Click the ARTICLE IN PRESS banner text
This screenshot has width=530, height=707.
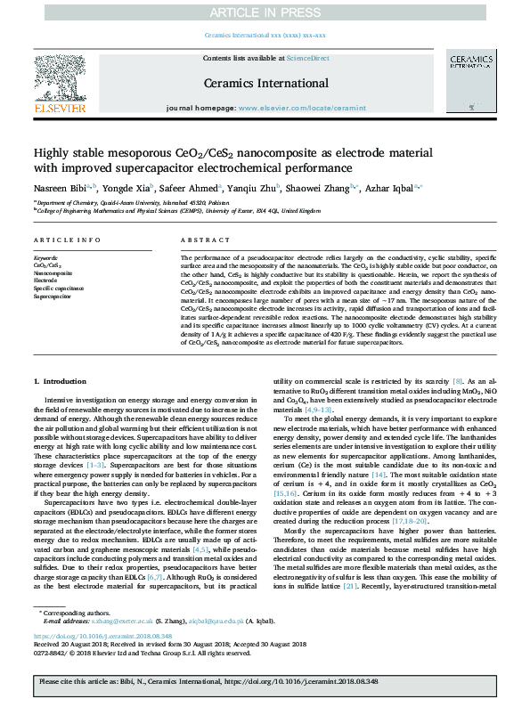(x=265, y=12)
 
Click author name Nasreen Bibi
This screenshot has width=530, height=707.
(x=61, y=188)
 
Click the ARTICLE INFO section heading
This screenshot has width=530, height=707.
(x=67, y=240)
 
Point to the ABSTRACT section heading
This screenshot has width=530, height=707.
(x=206, y=240)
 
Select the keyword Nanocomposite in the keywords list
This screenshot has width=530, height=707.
(x=53, y=272)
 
